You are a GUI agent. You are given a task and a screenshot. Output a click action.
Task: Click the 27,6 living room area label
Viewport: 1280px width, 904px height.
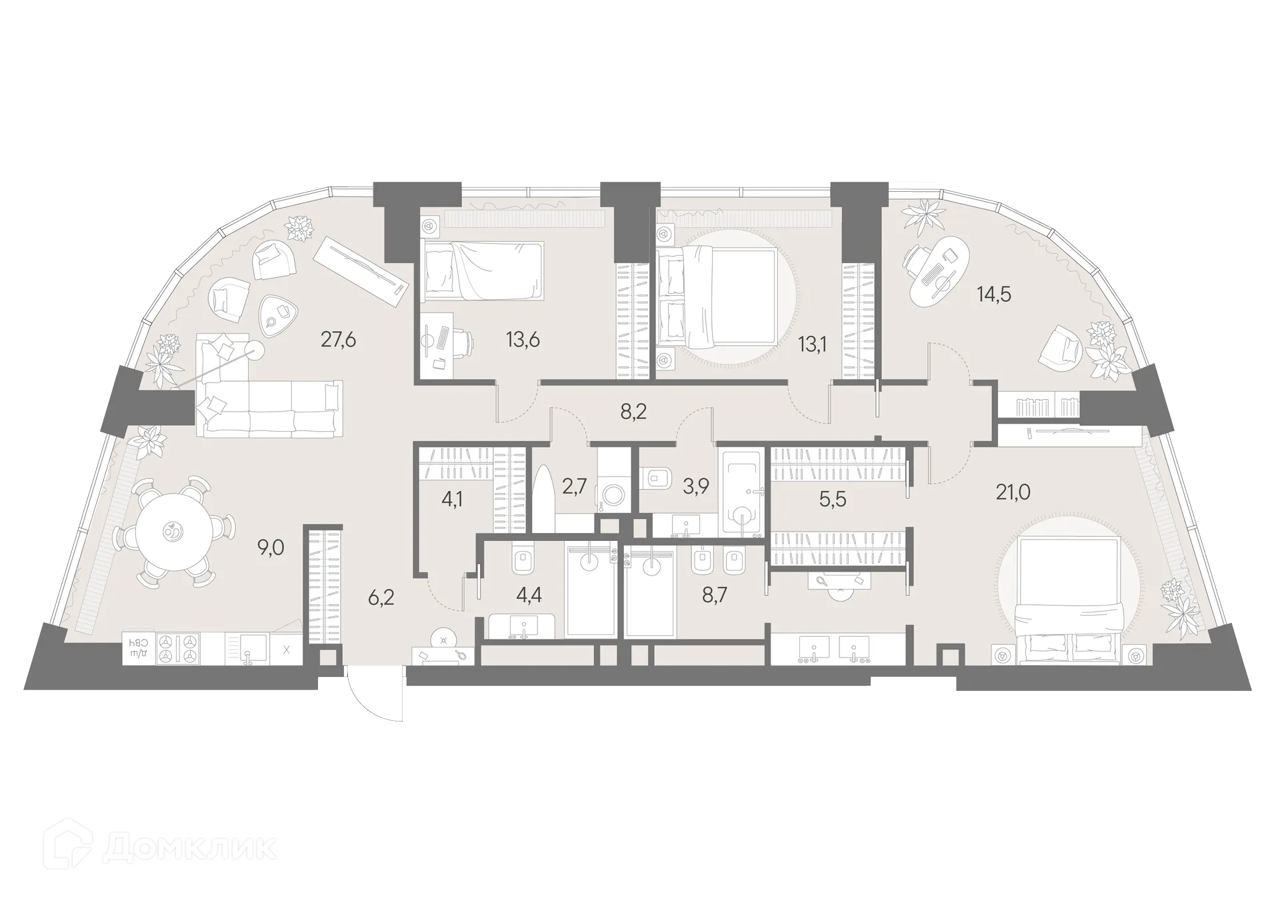(x=338, y=340)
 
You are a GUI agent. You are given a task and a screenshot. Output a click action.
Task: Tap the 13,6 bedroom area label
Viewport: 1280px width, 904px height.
(x=523, y=340)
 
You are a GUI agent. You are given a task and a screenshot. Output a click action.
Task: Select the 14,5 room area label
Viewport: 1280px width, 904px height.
(x=994, y=293)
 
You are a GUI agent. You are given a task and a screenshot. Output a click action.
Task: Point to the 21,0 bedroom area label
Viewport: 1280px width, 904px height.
(x=1013, y=492)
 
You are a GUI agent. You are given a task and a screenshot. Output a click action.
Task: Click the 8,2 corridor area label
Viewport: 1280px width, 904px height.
(x=633, y=412)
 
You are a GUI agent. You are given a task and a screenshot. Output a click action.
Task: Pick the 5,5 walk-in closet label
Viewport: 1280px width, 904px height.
(x=832, y=499)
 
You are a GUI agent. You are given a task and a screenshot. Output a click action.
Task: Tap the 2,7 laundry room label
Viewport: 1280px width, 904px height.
(x=574, y=486)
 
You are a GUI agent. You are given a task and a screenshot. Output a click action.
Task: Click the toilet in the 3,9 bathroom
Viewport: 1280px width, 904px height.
(x=659, y=476)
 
